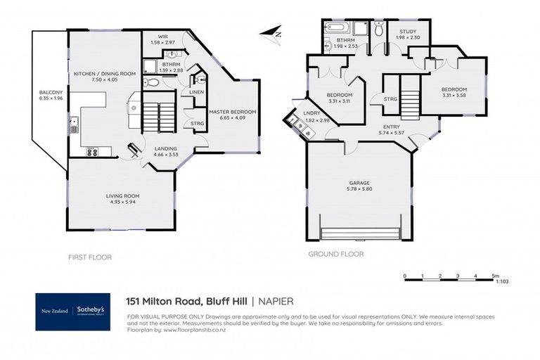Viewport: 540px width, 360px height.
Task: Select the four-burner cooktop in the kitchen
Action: (x=92, y=150)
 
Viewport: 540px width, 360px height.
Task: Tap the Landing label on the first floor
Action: (x=165, y=148)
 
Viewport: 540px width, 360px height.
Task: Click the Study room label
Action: (x=408, y=32)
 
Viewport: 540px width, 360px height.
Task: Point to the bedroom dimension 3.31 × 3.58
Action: (x=455, y=96)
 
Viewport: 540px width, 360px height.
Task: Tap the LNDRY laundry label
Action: (x=311, y=113)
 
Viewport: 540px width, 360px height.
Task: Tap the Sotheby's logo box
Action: (x=73, y=311)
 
